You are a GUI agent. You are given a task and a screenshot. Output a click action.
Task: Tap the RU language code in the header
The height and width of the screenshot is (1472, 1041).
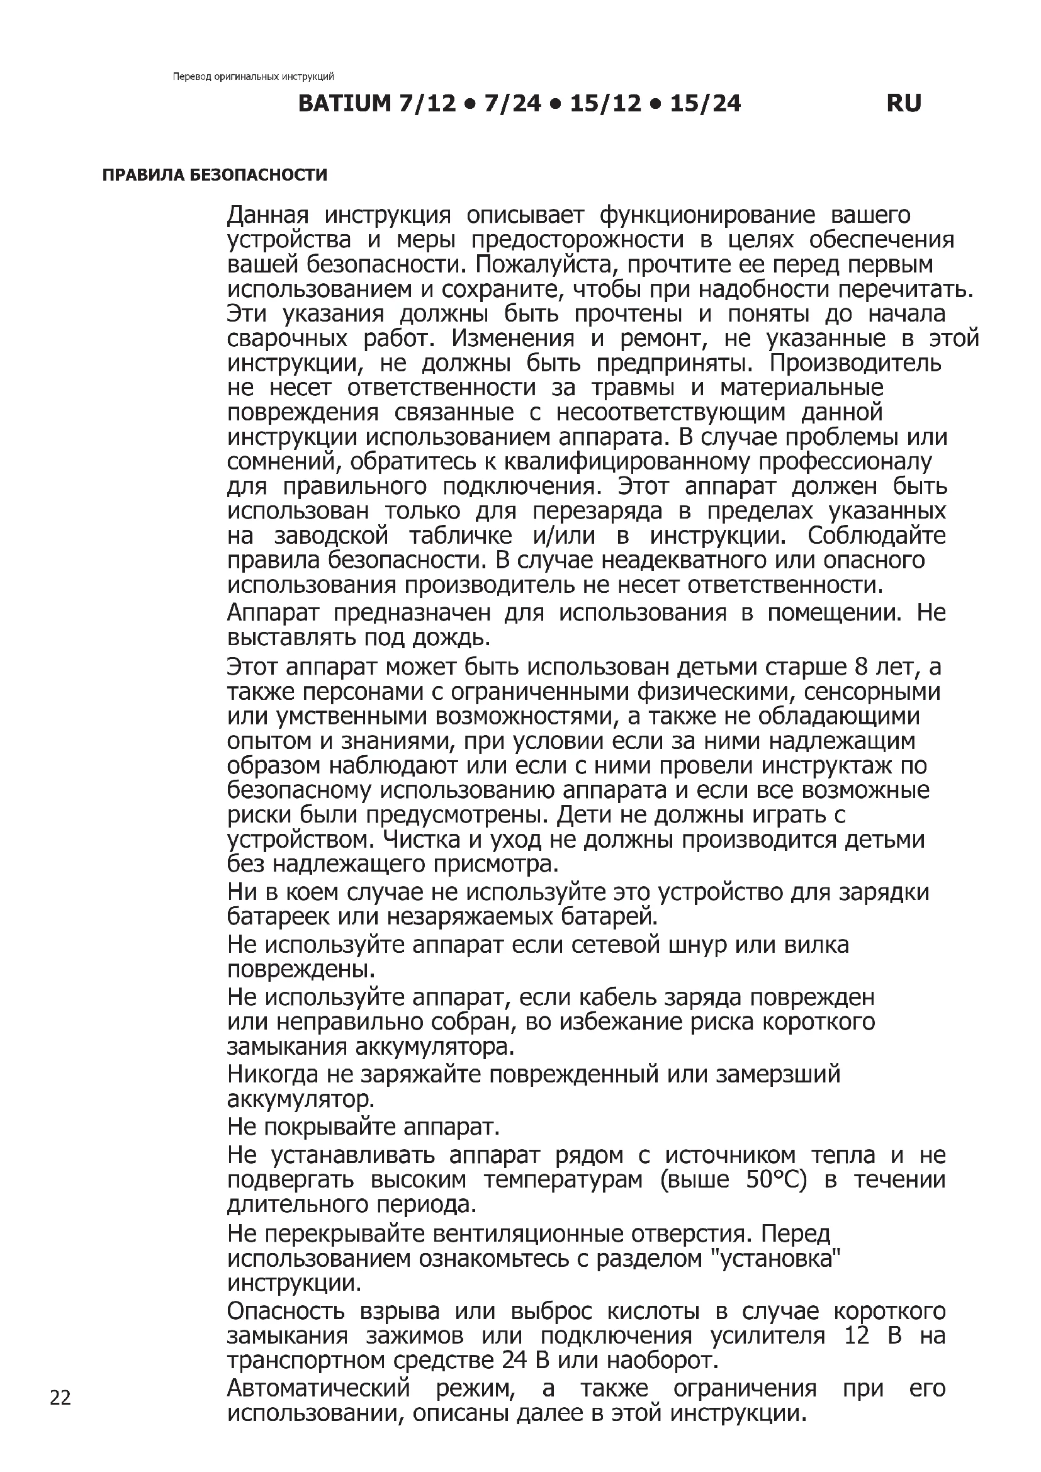904,103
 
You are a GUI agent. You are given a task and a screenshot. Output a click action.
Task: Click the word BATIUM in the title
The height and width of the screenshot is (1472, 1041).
344,103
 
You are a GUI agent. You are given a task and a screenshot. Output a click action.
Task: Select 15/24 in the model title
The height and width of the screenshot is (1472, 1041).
705,103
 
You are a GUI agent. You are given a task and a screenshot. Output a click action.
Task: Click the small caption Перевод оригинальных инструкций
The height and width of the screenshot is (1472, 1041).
253,77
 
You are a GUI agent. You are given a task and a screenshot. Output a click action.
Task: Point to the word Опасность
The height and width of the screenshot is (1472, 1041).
286,1312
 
